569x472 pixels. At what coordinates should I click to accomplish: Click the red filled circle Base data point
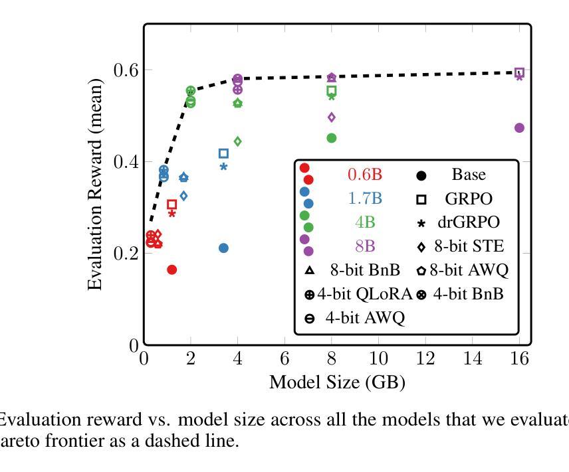(x=171, y=270)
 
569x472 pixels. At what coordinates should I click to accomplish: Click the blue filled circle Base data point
(x=223, y=248)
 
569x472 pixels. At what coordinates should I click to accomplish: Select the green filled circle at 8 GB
(x=332, y=138)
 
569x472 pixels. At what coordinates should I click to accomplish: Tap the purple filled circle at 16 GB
(x=519, y=127)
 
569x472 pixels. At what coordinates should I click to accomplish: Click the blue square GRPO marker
(x=223, y=153)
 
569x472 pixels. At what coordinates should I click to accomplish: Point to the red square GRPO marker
(x=171, y=204)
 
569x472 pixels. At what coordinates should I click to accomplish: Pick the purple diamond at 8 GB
(x=332, y=118)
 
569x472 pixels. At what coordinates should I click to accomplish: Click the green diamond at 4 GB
(x=237, y=141)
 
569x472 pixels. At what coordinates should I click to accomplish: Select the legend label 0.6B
(x=365, y=175)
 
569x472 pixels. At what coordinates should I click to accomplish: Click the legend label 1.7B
(x=365, y=198)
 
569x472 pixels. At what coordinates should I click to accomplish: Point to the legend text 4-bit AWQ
(x=364, y=317)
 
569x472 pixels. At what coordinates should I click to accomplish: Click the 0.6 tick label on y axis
(x=127, y=70)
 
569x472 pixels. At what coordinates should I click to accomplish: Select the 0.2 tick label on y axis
(x=127, y=254)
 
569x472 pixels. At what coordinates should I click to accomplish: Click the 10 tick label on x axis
(x=378, y=359)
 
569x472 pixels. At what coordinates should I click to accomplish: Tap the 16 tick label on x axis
(x=519, y=359)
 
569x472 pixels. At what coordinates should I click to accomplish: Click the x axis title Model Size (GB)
(x=336, y=382)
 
